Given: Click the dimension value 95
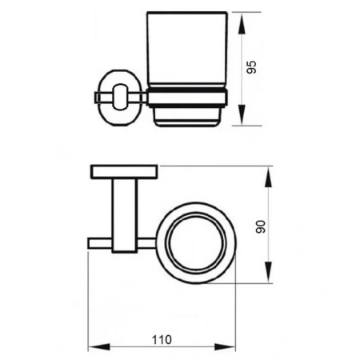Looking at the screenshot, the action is [x=251, y=67].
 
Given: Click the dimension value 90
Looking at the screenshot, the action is [x=261, y=226].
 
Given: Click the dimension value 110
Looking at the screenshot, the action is [x=162, y=340].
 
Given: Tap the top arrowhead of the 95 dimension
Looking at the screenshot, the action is [x=242, y=23].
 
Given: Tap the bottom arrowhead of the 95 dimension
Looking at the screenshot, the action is [x=242, y=114].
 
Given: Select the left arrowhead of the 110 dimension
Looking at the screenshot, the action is [x=99, y=347].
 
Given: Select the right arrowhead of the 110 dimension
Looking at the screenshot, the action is [x=225, y=347].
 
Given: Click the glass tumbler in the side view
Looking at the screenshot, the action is [x=187, y=50].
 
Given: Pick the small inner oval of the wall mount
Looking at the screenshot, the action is [x=121, y=97].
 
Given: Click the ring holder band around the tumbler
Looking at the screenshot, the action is [x=187, y=98].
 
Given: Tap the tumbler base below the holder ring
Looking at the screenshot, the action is [x=187, y=117].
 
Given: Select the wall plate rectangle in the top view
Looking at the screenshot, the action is [x=124, y=172].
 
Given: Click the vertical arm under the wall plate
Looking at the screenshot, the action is [x=125, y=215].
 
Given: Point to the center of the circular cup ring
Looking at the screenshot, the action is [x=197, y=243].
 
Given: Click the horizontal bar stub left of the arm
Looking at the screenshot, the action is [x=100, y=243].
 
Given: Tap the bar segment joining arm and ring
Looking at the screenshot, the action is [x=147, y=243].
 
